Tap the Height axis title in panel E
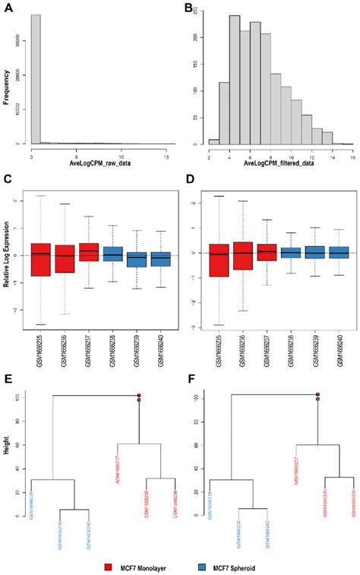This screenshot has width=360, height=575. (x=6, y=456)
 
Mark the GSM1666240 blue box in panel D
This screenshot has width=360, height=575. (x=339, y=252)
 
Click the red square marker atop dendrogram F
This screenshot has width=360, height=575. (x=317, y=394)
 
